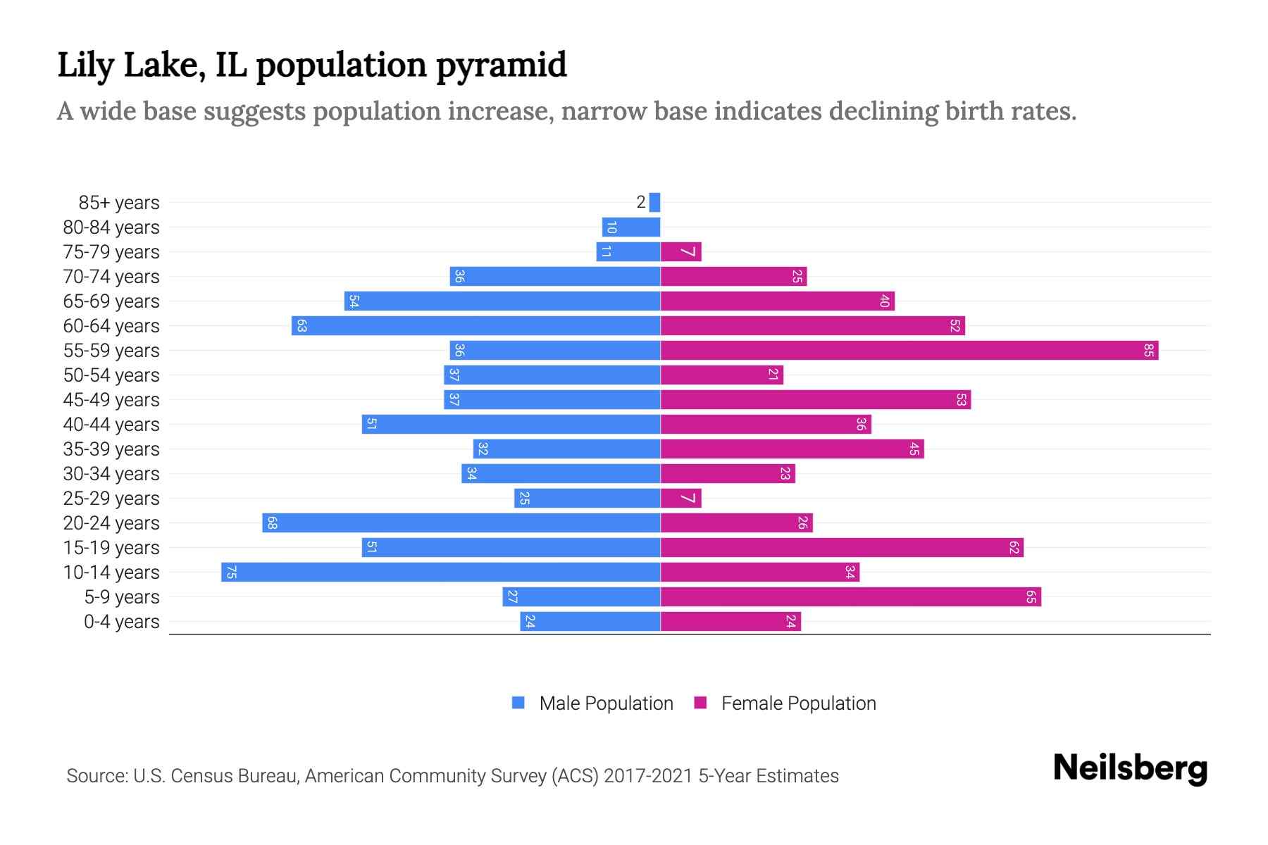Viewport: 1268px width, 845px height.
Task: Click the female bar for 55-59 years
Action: pyautogui.click(x=909, y=350)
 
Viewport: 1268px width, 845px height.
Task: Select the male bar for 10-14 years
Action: pyautogui.click(x=440, y=572)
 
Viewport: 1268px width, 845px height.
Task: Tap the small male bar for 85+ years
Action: pyautogui.click(x=655, y=202)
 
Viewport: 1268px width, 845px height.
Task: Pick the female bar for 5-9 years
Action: pyautogui.click(x=850, y=596)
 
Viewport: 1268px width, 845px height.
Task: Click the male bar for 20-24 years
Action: pyautogui.click(x=461, y=522)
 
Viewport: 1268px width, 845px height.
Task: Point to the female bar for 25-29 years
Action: pyautogui.click(x=681, y=498)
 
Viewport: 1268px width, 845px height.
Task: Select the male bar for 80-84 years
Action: pyautogui.click(x=631, y=227)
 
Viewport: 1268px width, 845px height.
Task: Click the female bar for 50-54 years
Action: pyautogui.click(x=722, y=375)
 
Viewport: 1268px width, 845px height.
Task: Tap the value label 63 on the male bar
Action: pyautogui.click(x=302, y=325)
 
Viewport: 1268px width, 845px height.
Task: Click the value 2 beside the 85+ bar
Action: pyautogui.click(x=640, y=202)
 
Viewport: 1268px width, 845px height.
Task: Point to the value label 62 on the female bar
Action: pyautogui.click(x=1014, y=547)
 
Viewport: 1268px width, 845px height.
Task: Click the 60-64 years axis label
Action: pyautogui.click(x=111, y=325)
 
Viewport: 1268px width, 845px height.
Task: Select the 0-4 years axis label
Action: pyautogui.click(x=121, y=621)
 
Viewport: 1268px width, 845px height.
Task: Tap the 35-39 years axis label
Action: pyautogui.click(x=111, y=449)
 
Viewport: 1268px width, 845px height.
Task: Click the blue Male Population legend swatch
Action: pyautogui.click(x=518, y=703)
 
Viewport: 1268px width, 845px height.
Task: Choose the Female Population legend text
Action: pyautogui.click(x=798, y=703)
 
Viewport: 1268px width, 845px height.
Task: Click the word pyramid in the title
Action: pyautogui.click(x=501, y=65)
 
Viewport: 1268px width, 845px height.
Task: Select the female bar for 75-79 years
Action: pyautogui.click(x=681, y=251)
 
